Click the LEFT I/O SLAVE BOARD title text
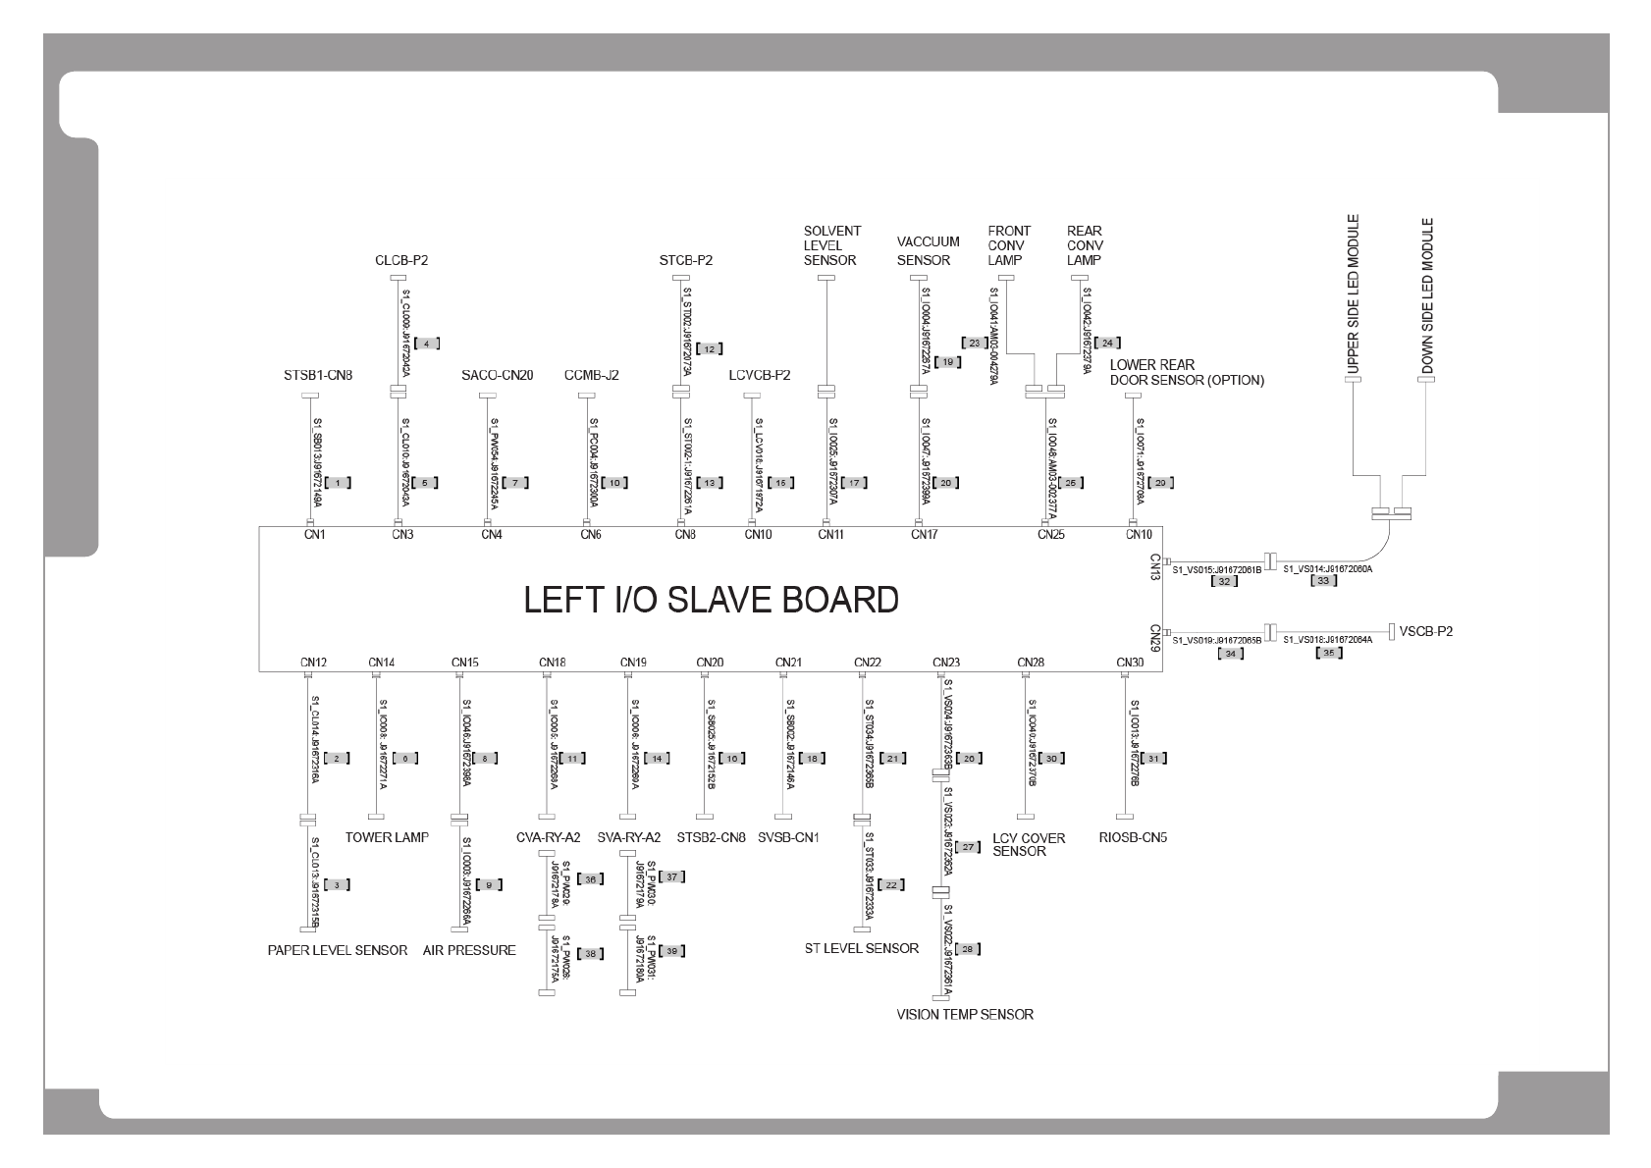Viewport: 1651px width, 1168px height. pos(711,600)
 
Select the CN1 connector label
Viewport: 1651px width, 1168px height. pos(314,535)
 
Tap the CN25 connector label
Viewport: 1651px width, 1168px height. pos(1050,535)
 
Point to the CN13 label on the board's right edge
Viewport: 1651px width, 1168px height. pos(1155,567)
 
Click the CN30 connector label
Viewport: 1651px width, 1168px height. pos(1130,663)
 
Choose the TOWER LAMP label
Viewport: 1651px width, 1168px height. pos(387,837)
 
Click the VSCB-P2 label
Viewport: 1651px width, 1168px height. pos(1425,631)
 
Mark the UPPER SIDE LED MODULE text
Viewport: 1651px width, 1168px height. pos(1354,293)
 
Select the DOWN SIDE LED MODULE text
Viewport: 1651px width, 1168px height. pos(1427,295)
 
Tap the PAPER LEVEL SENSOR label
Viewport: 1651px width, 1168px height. pos(337,950)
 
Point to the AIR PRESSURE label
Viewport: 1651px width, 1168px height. pos(469,950)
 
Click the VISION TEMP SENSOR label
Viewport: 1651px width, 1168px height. pos(964,1014)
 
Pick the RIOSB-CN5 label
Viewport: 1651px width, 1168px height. pos(1133,838)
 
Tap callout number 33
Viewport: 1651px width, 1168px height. pos(1324,581)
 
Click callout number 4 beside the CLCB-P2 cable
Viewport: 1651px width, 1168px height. pos(426,344)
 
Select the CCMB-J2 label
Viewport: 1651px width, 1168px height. pos(591,375)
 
